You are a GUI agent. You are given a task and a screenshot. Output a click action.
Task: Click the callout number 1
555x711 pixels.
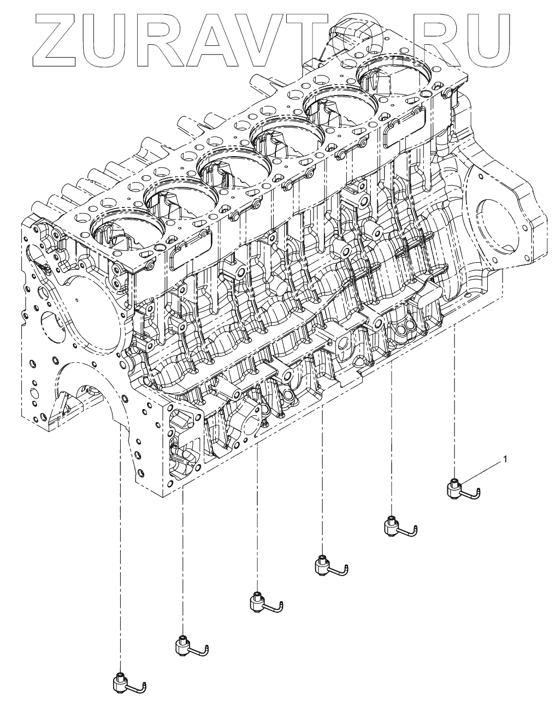505,459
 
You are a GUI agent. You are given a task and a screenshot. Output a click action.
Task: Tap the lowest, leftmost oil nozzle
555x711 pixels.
122,683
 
